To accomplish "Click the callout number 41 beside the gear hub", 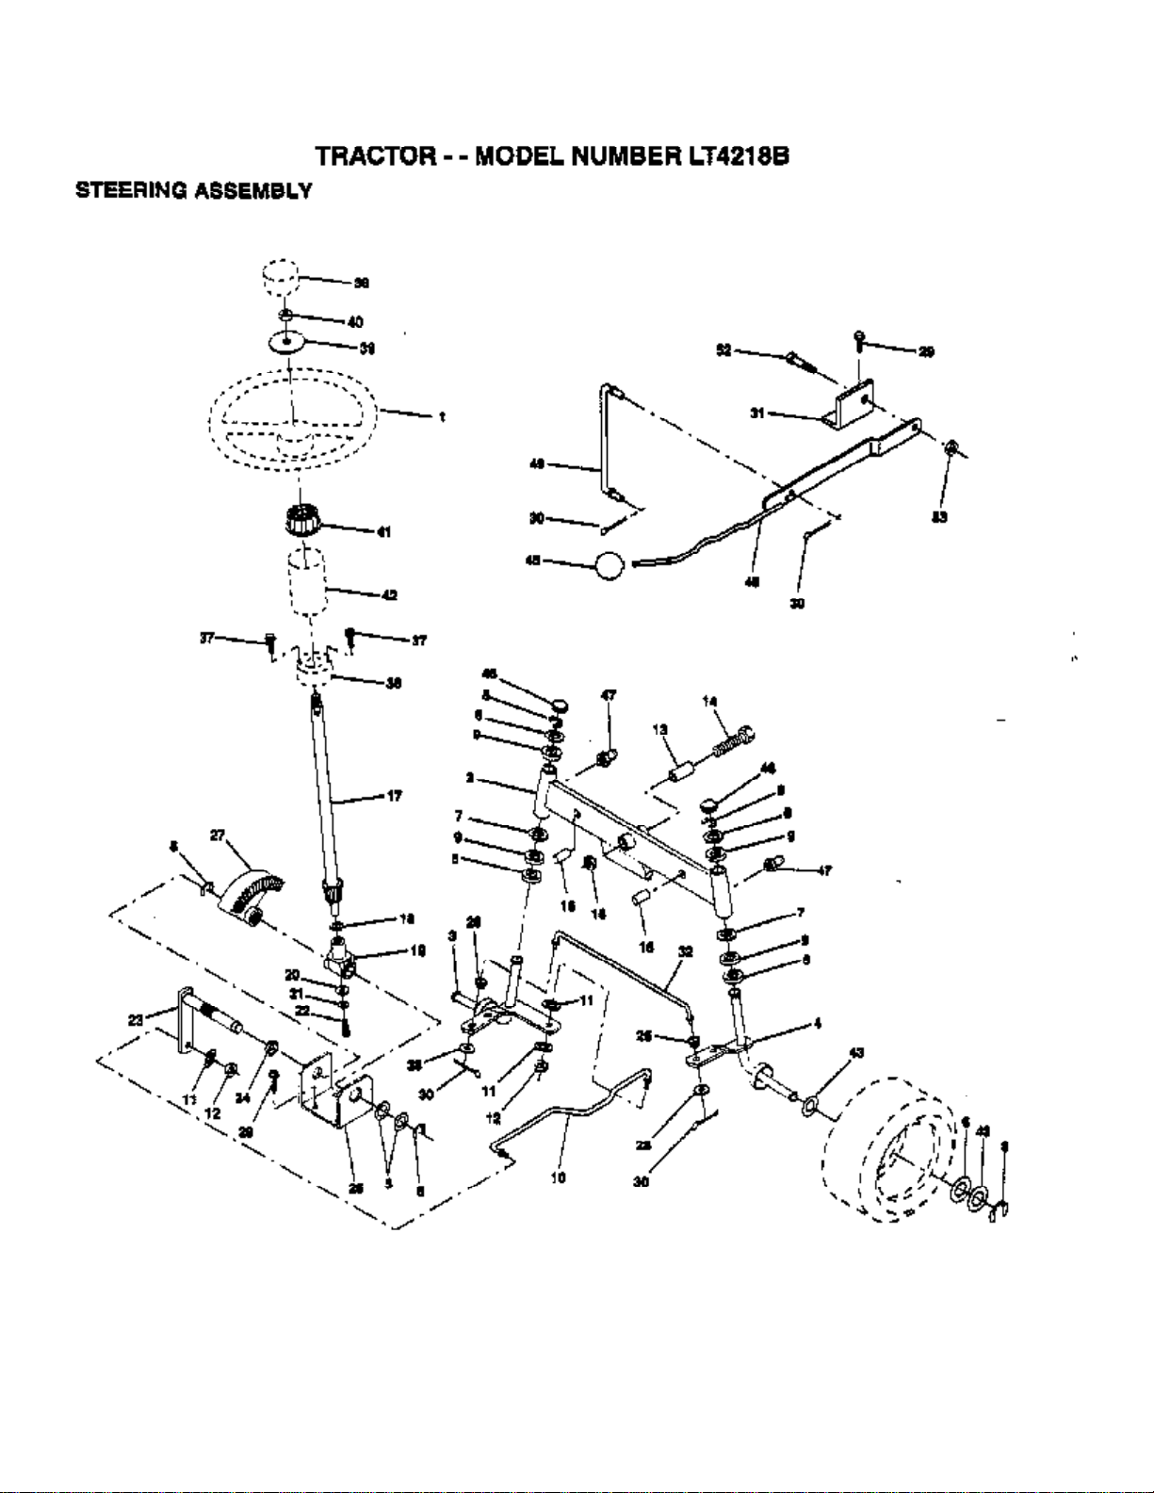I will [x=383, y=531].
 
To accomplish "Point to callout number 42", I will [x=389, y=593].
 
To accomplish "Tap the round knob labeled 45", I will [x=609, y=565].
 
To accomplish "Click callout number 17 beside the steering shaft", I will [x=394, y=797].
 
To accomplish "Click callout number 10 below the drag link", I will [x=560, y=1177].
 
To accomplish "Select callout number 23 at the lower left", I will [x=135, y=1018].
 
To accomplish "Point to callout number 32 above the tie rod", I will [x=686, y=951].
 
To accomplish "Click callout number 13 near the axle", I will [x=659, y=729].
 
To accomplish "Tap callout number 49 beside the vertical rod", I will [x=538, y=463].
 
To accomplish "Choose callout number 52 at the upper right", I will [x=723, y=349].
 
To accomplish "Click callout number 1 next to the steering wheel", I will [x=441, y=417].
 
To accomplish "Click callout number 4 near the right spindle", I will [x=818, y=1025].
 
